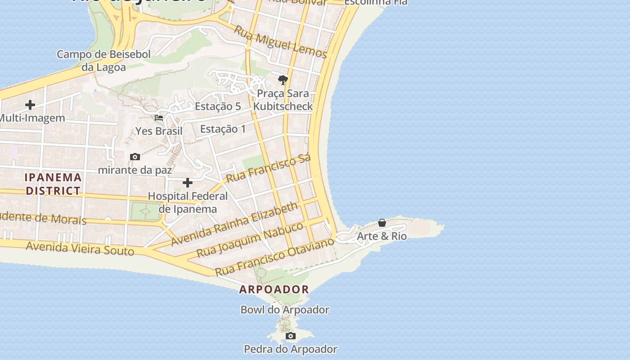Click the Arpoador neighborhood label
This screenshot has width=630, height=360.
point(274,289)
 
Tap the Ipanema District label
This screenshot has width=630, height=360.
point(53,184)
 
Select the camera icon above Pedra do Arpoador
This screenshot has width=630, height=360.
point(291,336)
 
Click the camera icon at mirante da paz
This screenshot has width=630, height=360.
point(135,157)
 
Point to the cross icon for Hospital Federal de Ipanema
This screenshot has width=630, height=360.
point(188,183)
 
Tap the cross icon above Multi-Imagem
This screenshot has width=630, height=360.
point(30,105)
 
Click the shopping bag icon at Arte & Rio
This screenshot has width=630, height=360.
point(382,223)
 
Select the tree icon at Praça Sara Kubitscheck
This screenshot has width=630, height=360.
point(283,80)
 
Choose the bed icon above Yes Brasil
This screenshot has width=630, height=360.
point(159,118)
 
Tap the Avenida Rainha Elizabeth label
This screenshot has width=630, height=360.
point(234,224)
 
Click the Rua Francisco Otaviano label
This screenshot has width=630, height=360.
point(274,256)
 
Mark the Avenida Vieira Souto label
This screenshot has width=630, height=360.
point(80,248)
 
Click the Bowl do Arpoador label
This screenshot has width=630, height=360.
point(285,310)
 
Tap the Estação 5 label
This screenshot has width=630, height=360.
point(218,107)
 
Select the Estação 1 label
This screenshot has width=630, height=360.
point(223,129)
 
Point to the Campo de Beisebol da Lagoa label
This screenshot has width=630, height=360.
point(103,61)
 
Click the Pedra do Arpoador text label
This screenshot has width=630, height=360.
point(291,349)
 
